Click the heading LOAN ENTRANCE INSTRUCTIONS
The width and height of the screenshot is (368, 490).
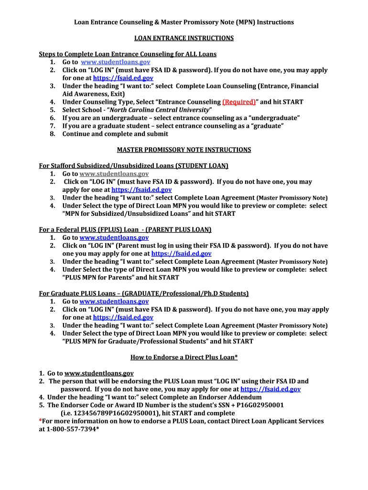184,38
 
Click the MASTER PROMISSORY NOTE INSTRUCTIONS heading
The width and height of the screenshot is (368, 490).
184,150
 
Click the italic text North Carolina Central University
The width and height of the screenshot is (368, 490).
159,110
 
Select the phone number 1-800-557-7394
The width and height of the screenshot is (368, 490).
71,429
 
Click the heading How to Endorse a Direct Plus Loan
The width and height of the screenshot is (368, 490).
184,357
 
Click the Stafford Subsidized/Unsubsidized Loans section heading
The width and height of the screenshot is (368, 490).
133,166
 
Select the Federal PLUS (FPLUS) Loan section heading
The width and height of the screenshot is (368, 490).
125,230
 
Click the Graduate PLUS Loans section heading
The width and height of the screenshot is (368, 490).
143,293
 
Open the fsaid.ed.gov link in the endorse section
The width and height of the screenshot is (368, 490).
271,389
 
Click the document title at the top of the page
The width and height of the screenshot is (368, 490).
184,22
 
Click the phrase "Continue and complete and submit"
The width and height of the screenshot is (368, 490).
115,134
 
